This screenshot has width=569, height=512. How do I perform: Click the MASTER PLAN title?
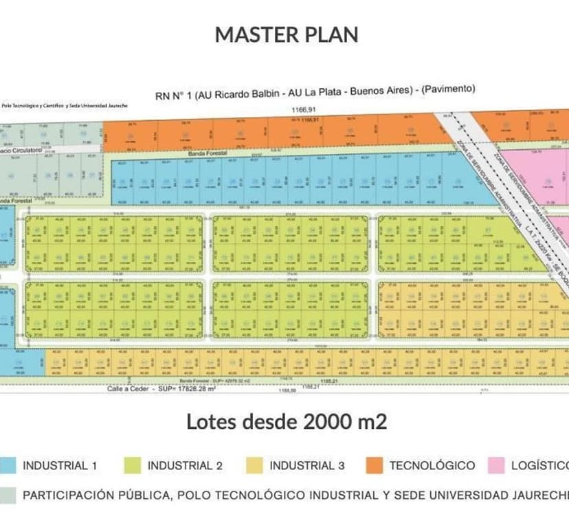point(286,34)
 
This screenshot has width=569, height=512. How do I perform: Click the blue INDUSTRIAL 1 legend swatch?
point(8,465)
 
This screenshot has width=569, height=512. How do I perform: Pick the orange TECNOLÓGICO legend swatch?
point(374,465)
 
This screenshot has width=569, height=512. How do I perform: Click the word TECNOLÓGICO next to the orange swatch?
point(432,465)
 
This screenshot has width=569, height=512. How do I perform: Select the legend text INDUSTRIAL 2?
point(185,465)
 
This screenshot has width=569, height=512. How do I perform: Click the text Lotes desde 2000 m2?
point(286,421)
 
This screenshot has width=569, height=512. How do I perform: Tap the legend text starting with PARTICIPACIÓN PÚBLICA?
point(295,495)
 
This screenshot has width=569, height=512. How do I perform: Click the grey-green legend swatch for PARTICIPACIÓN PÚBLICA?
point(8,495)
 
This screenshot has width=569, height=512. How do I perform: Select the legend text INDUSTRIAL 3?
point(307,465)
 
